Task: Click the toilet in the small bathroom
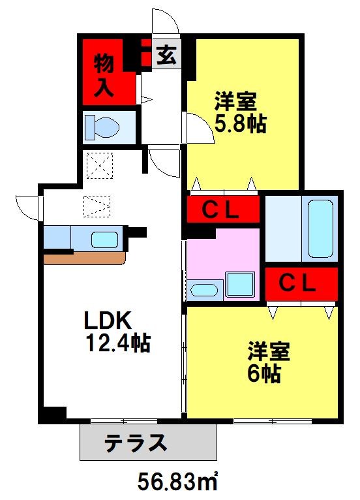click(102, 127)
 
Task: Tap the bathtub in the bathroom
click(320, 228)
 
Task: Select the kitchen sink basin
click(105, 240)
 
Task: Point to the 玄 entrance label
click(166, 55)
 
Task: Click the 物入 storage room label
click(104, 75)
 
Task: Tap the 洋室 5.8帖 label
click(240, 112)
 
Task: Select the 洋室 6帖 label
click(268, 362)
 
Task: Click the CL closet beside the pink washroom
click(223, 209)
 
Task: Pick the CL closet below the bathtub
click(301, 284)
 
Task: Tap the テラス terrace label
click(136, 443)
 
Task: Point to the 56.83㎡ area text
click(177, 481)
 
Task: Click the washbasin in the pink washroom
click(204, 290)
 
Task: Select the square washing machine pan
click(240, 284)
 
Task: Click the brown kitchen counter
click(84, 259)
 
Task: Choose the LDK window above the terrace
click(125, 422)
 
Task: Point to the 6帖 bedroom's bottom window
click(273, 421)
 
